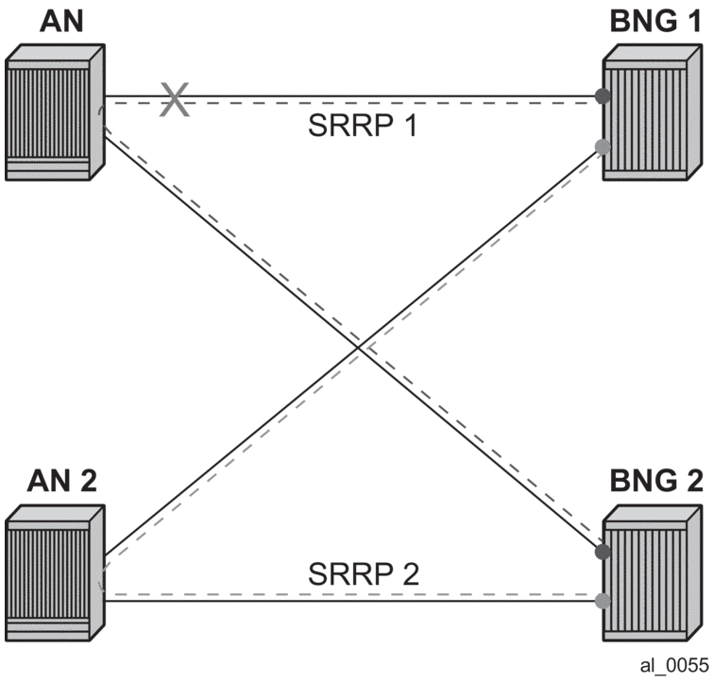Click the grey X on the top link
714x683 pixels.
point(173,98)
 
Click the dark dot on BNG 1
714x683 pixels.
point(603,95)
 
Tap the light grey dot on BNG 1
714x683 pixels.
point(603,145)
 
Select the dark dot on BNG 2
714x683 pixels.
point(603,551)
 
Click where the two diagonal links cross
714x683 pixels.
point(359,349)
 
